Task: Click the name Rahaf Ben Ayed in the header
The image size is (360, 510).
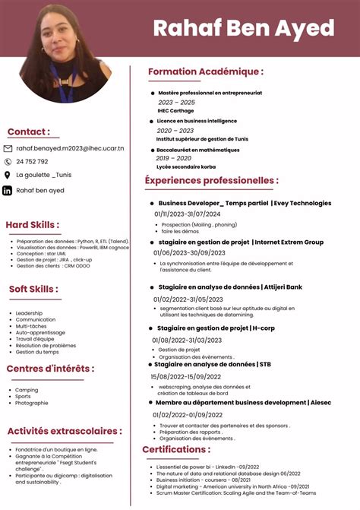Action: [x=243, y=29]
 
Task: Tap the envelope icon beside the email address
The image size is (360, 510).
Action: [x=8, y=148]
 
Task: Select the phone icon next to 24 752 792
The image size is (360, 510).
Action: [x=8, y=161]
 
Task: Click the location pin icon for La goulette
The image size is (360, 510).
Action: [x=8, y=175]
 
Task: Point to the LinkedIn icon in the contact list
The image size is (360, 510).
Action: [x=8, y=190]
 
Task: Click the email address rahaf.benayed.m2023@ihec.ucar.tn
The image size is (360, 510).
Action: [x=70, y=148]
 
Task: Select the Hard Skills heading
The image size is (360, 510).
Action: [x=33, y=225]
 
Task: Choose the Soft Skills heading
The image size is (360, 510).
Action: [x=32, y=289]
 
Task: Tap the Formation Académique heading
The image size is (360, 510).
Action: [x=205, y=71]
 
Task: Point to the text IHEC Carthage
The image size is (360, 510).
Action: [x=175, y=110]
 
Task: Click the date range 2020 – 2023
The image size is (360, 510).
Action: [x=175, y=130]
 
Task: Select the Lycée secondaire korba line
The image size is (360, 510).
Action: [x=185, y=166]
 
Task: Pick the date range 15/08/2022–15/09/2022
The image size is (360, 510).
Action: [x=187, y=376]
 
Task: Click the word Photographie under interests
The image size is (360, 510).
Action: [x=32, y=403]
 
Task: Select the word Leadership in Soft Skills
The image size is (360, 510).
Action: [x=29, y=313]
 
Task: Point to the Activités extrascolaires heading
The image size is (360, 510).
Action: [x=64, y=431]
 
